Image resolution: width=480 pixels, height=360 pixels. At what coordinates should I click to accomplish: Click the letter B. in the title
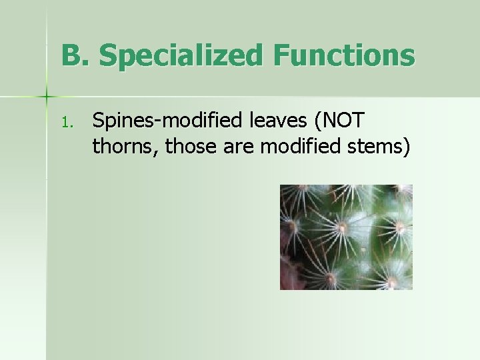point(75,55)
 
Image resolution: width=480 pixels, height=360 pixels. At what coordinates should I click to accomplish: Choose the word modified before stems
point(300,145)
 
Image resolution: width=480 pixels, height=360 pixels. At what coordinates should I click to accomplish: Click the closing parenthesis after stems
point(405,146)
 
